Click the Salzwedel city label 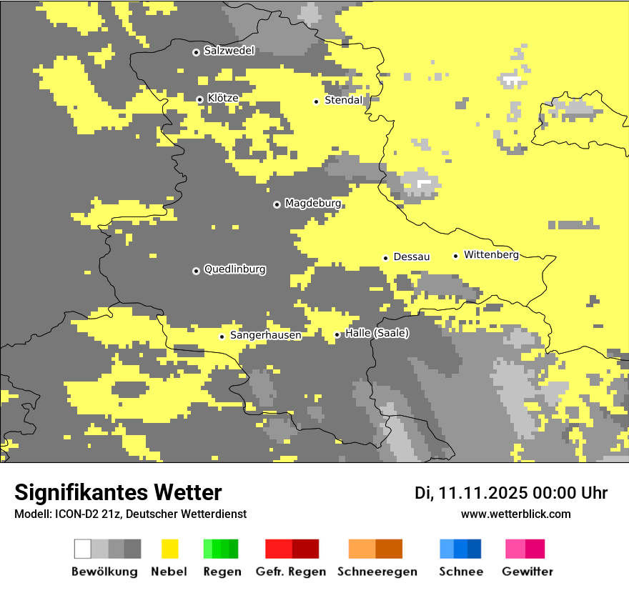click(x=229, y=51)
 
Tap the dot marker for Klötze click(x=199, y=99)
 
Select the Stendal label click(x=344, y=101)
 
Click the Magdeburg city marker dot click(x=277, y=204)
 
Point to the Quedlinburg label click(x=234, y=269)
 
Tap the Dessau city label click(x=411, y=256)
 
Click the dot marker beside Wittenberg click(x=455, y=256)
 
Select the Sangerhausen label click(x=265, y=335)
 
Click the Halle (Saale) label click(x=377, y=333)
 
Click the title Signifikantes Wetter click(x=118, y=492)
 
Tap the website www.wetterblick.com click(x=515, y=514)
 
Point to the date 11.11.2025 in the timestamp click(x=483, y=493)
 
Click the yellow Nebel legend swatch click(x=169, y=549)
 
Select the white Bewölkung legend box click(x=83, y=549)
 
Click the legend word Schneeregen click(x=377, y=572)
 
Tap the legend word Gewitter click(x=527, y=572)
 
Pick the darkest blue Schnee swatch click(x=475, y=549)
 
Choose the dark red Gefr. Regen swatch click(x=305, y=549)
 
